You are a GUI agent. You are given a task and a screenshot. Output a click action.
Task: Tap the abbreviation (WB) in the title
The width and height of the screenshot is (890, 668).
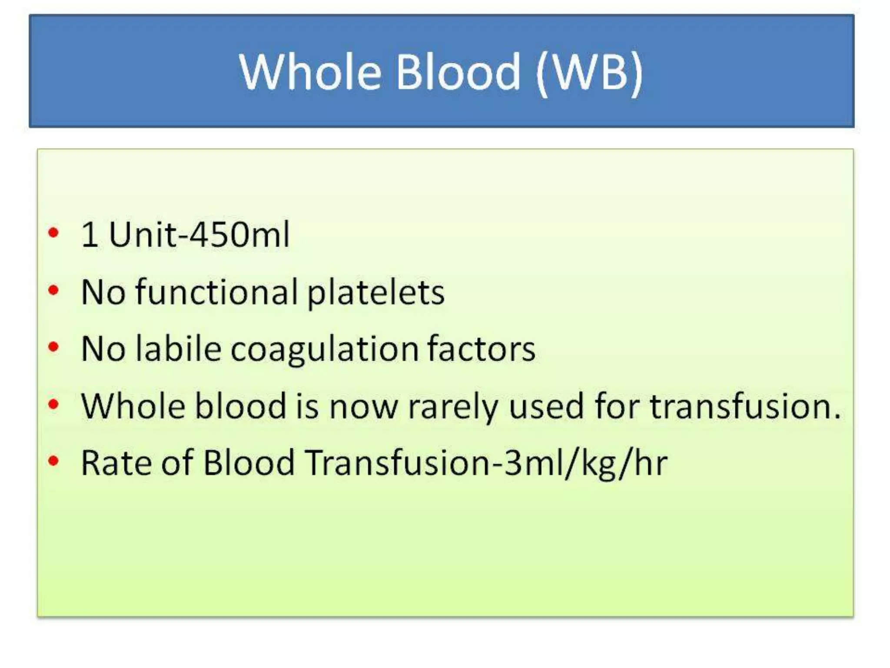tap(589, 73)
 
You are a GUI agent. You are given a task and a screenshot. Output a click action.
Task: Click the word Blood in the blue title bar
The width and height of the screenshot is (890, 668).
tap(458, 72)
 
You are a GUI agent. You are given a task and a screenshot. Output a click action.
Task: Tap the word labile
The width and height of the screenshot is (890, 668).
tap(179, 349)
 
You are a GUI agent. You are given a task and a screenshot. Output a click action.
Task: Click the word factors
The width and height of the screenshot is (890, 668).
tap(481, 349)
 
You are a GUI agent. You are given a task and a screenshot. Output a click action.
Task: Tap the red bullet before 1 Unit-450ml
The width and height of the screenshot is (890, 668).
tap(53, 233)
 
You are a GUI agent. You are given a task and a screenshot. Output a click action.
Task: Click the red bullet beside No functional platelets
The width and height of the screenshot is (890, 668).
tap(53, 290)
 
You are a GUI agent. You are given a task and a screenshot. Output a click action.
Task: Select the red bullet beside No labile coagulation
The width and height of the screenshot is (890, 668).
tap(53, 347)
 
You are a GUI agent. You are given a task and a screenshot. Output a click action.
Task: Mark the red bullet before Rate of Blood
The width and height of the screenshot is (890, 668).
tap(53, 461)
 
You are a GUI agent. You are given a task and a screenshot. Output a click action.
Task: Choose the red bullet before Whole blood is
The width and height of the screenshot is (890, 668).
tap(53, 404)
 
